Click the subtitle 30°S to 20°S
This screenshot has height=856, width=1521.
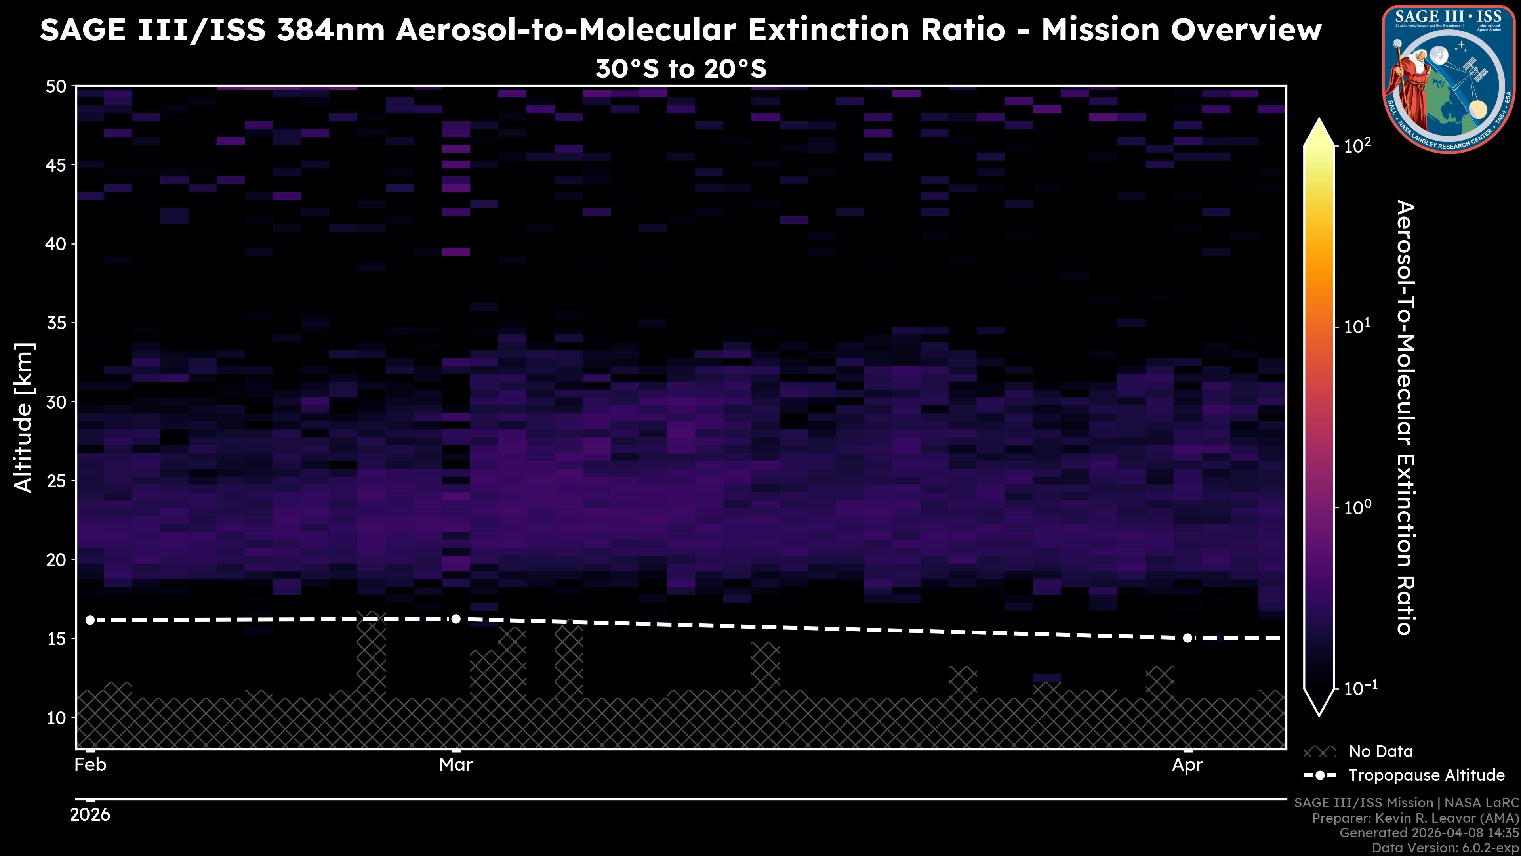tap(681, 69)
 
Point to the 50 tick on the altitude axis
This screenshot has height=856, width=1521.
tap(57, 86)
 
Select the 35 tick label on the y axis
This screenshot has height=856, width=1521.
tap(57, 323)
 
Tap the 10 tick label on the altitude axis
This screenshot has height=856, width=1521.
tap(57, 718)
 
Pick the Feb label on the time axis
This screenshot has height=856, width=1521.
tap(90, 765)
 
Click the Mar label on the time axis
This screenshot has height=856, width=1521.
tap(456, 765)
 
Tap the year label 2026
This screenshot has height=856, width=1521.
tap(90, 815)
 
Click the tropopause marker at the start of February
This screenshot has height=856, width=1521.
tap(90, 620)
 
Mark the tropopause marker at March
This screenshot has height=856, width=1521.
tap(456, 619)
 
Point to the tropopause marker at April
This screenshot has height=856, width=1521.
tap(1187, 638)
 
